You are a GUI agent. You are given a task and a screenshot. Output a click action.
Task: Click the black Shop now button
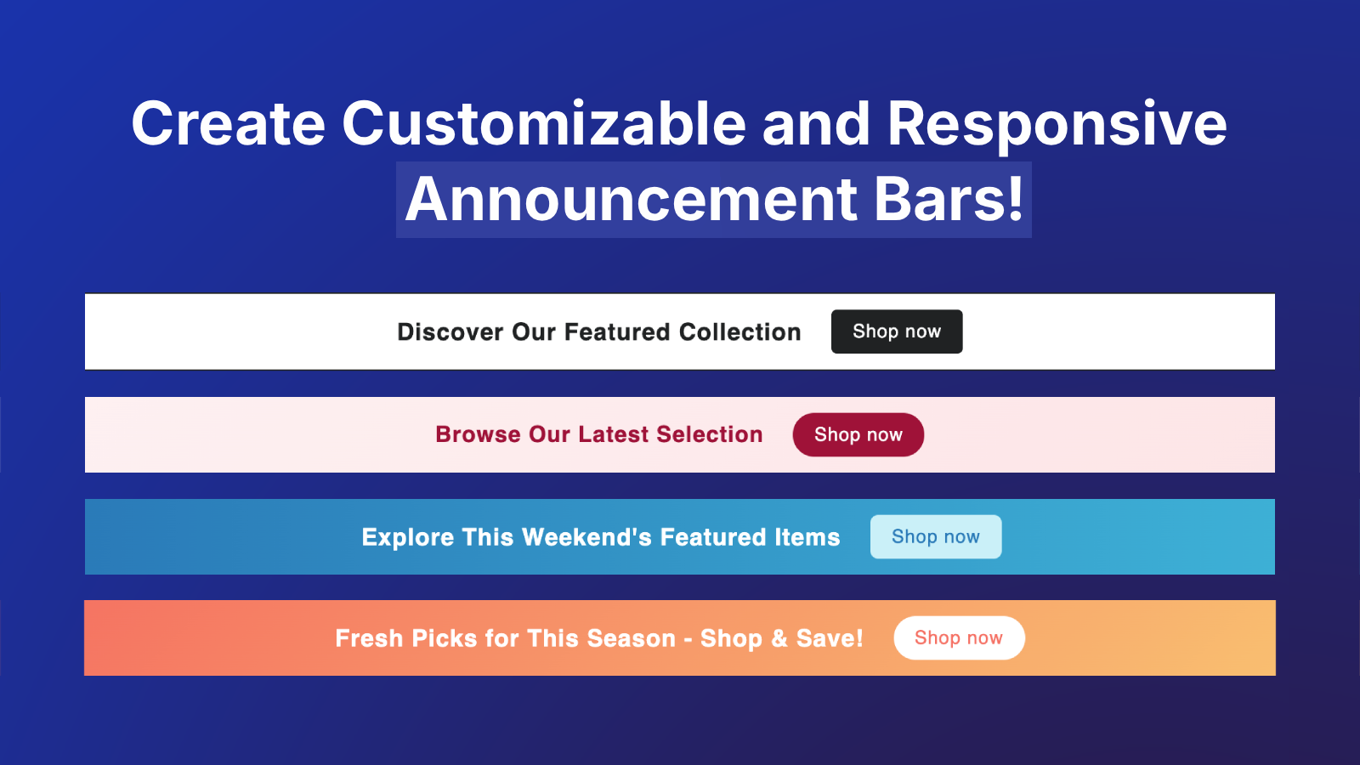tap(897, 331)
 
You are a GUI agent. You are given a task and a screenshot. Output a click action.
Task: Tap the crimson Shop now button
tap(858, 434)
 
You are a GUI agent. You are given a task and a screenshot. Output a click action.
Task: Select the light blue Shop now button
tap(936, 536)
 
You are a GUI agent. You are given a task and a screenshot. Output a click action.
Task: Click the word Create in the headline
tap(229, 124)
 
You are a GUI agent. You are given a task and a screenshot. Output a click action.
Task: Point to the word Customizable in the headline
tap(544, 124)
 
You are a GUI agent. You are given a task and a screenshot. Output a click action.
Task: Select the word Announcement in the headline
tap(632, 199)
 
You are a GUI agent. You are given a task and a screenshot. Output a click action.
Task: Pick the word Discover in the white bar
tap(450, 332)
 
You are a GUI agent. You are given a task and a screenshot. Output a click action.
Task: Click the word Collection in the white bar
tap(740, 332)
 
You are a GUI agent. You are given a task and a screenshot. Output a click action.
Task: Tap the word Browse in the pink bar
tap(479, 434)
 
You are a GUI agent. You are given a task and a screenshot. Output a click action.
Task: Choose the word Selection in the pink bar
tap(710, 434)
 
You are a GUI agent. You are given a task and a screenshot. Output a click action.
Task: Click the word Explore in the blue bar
tap(408, 537)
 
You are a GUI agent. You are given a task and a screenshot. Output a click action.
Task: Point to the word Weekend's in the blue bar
tap(586, 537)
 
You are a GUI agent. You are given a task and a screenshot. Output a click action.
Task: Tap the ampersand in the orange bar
tap(779, 638)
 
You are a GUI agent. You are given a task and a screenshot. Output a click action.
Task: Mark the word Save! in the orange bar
tap(830, 638)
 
